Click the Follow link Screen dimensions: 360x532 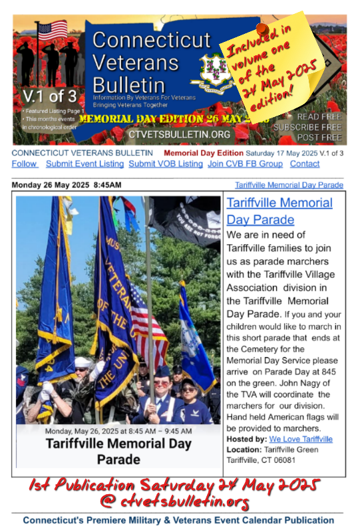tap(24, 164)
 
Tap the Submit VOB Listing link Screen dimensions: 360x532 tap(166, 164)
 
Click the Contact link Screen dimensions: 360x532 tap(305, 164)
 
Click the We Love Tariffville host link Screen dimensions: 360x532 tap(301, 439)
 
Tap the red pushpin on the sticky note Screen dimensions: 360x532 tap(262, 30)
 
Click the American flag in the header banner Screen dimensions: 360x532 tap(52, 31)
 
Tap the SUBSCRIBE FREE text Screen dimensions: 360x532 tap(308, 126)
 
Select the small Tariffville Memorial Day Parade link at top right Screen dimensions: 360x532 tap(289, 184)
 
